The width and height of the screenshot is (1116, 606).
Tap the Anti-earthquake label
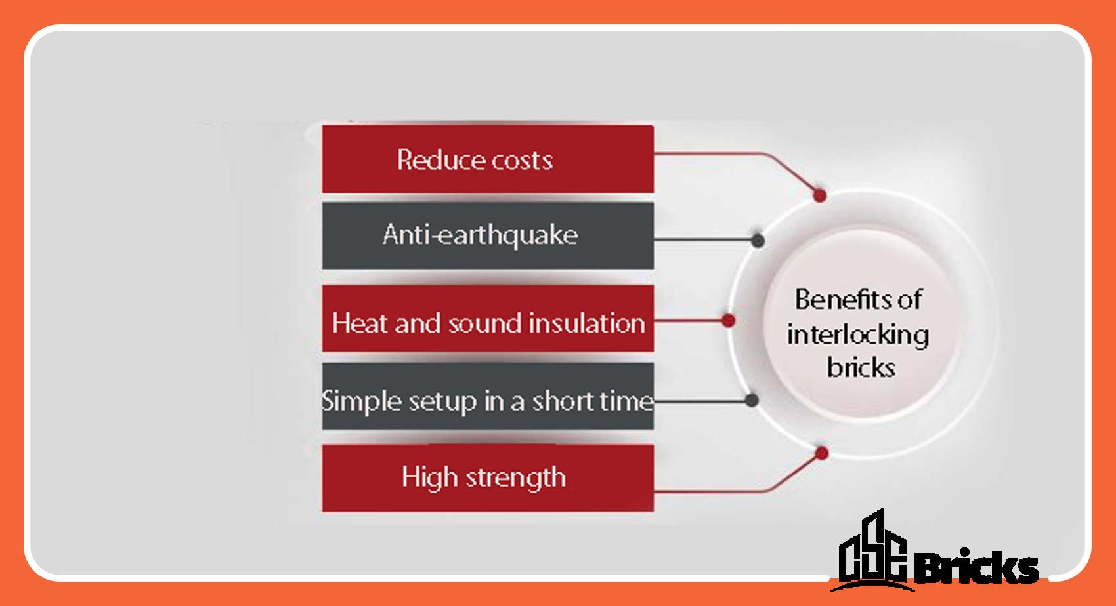click(x=481, y=235)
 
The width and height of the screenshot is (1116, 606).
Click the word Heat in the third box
click(x=360, y=323)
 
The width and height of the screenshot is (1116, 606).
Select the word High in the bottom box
click(x=429, y=477)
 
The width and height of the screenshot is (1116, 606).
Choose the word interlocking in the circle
click(x=858, y=334)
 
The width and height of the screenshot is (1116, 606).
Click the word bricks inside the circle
click(x=861, y=367)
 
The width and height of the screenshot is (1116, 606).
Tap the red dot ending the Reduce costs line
click(x=819, y=195)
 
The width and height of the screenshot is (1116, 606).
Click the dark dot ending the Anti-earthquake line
click(x=758, y=240)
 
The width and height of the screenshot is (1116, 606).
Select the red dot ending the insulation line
click(x=727, y=320)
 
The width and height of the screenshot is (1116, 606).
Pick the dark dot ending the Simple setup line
click(x=752, y=400)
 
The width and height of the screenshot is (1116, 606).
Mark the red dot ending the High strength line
click(x=821, y=453)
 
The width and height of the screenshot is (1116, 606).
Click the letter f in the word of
click(x=917, y=299)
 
